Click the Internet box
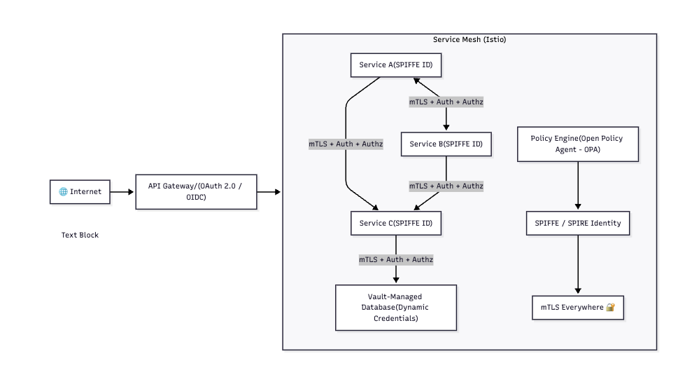(x=80, y=191)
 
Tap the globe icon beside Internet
(x=63, y=191)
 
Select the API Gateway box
(x=196, y=191)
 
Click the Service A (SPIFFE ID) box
(x=396, y=65)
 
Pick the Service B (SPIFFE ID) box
(x=446, y=144)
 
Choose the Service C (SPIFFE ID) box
(x=396, y=223)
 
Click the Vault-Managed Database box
(x=396, y=307)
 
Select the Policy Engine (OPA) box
(x=577, y=144)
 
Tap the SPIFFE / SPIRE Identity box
(x=577, y=223)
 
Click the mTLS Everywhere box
(x=577, y=307)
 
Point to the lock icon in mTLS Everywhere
(x=610, y=307)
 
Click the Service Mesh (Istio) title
(x=469, y=40)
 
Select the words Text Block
(x=80, y=235)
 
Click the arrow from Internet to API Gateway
(x=122, y=191)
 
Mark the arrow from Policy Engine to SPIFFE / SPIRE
(x=577, y=186)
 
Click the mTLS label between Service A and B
(x=446, y=102)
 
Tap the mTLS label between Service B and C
(x=446, y=186)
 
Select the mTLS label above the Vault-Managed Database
(x=396, y=259)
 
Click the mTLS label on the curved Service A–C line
(x=346, y=144)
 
